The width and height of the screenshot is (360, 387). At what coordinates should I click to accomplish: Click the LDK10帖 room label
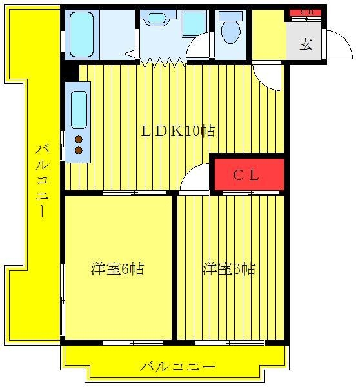(x=178, y=131)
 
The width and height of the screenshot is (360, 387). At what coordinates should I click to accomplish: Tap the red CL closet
(x=249, y=174)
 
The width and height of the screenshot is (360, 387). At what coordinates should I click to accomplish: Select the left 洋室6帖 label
(x=117, y=269)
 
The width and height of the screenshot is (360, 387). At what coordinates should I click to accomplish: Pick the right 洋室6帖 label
(x=228, y=269)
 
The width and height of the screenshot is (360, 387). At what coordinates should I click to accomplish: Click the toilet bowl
(x=231, y=32)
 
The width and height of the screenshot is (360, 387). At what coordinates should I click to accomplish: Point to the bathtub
(x=81, y=35)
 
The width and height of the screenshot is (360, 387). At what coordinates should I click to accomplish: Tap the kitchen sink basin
(x=79, y=110)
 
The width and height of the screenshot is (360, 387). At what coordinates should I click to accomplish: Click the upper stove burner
(x=79, y=139)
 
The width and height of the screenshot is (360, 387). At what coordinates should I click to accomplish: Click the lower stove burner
(x=79, y=150)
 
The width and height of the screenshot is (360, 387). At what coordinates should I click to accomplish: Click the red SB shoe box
(x=305, y=13)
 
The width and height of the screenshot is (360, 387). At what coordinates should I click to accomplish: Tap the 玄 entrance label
(x=306, y=45)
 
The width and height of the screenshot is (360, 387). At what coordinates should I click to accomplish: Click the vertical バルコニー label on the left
(x=42, y=181)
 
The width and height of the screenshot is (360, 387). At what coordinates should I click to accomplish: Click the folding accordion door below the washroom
(x=163, y=62)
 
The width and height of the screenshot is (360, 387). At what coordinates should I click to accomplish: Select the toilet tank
(x=230, y=16)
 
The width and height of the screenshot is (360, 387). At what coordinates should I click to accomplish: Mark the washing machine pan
(x=194, y=24)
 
